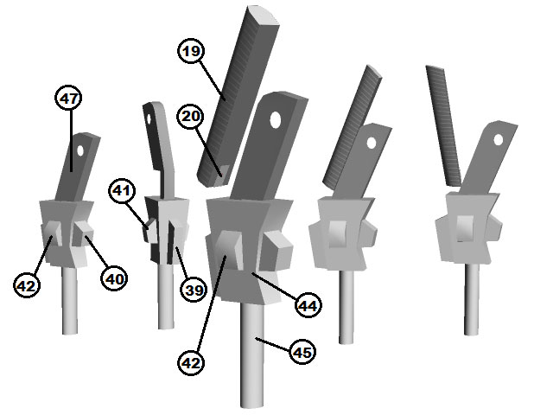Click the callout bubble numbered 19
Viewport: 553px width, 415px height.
pyautogui.click(x=191, y=51)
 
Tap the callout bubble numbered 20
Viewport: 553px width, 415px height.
pyautogui.click(x=190, y=116)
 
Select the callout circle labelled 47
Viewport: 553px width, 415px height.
pyautogui.click(x=68, y=98)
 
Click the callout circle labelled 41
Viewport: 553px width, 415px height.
pyautogui.click(x=122, y=190)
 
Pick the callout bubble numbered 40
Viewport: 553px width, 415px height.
pyautogui.click(x=114, y=278)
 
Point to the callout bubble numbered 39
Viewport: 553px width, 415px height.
pyautogui.click(x=194, y=290)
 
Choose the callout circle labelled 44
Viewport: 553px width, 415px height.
pyautogui.click(x=308, y=305)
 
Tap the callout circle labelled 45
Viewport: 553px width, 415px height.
pyautogui.click(x=302, y=352)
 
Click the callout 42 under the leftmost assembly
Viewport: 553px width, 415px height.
pyautogui.click(x=27, y=284)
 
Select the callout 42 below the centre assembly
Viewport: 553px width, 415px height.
pyautogui.click(x=191, y=362)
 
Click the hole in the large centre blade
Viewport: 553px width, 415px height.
pyautogui.click(x=276, y=120)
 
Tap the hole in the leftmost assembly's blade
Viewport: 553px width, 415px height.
pyautogui.click(x=80, y=150)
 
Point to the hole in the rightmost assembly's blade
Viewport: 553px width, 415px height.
pyautogui.click(x=498, y=140)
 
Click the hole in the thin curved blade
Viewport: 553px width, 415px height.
pyautogui.click(x=149, y=118)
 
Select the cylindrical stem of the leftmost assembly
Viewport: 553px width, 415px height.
pyautogui.click(x=70, y=300)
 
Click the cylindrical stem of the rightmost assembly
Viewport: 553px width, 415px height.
pyautogui.click(x=472, y=299)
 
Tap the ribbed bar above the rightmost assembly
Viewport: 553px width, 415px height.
pyautogui.click(x=443, y=125)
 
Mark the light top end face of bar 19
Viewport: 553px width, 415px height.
pyautogui.click(x=264, y=16)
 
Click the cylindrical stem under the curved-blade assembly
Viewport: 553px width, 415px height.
pyautogui.click(x=166, y=297)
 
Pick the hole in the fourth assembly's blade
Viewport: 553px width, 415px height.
pyautogui.click(x=371, y=143)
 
